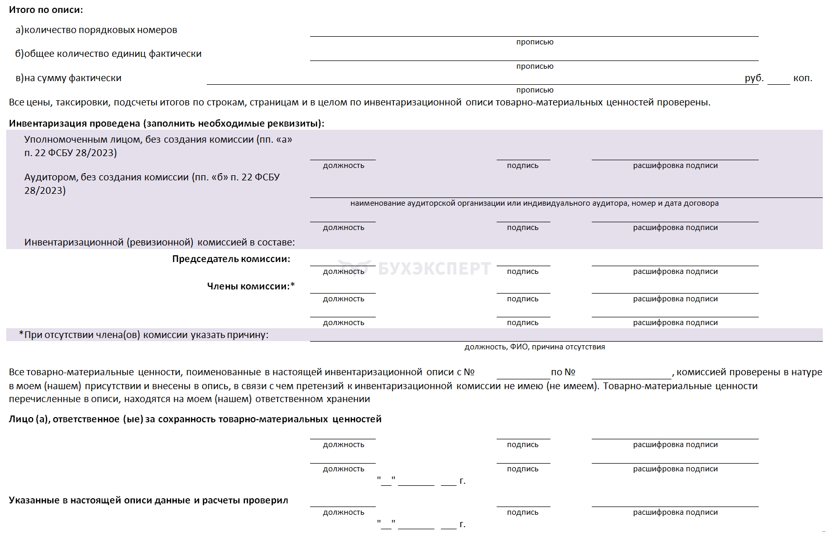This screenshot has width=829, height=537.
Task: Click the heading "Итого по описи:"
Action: coord(46,10)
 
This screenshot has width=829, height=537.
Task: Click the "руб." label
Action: coord(754,78)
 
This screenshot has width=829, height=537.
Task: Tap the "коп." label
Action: coord(802,78)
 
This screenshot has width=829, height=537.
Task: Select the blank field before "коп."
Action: coord(778,79)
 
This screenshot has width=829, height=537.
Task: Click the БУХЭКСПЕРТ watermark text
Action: coord(434,268)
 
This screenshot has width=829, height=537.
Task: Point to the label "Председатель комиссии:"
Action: coord(231,259)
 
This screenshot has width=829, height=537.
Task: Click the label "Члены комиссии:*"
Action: coord(251,286)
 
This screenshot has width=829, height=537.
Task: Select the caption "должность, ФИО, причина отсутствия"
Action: coord(534,347)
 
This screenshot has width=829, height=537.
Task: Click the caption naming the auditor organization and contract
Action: coord(534,203)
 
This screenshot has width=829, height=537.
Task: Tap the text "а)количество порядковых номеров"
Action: coord(96,30)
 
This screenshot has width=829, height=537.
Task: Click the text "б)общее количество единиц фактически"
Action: coord(108,54)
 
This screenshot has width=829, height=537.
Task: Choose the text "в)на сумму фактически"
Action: coord(68,78)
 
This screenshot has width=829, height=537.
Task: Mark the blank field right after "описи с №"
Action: coord(523,373)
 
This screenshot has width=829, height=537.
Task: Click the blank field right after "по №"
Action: coord(631,373)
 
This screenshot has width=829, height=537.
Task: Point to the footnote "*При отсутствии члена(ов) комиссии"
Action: coord(144,335)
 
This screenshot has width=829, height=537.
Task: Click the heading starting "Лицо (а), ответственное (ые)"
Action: coord(195,419)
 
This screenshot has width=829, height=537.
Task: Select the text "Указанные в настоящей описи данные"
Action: coord(148,500)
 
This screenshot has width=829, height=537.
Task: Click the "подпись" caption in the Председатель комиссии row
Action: coord(523,271)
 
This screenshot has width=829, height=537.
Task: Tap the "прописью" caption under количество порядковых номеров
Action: coord(534,42)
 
